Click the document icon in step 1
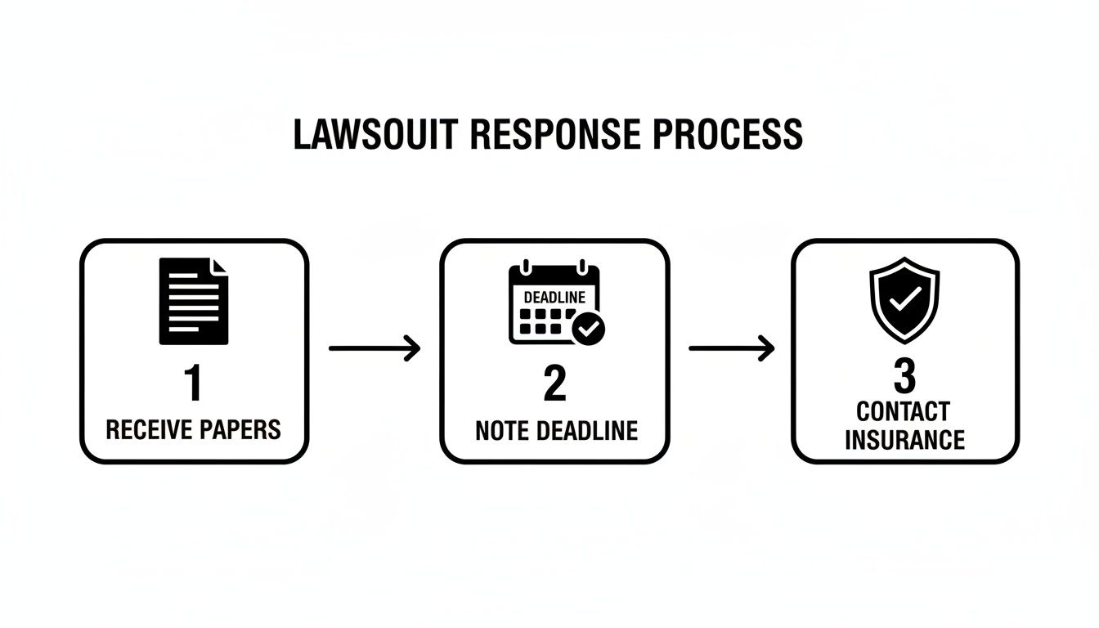[194, 301]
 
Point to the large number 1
[193, 384]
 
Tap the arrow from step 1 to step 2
[374, 349]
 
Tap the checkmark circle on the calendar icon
[589, 329]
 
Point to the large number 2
[554, 384]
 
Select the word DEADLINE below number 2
[586, 430]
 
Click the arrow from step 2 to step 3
[731, 349]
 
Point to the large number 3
[904, 377]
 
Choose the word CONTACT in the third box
[904, 410]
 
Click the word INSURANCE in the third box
[904, 441]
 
